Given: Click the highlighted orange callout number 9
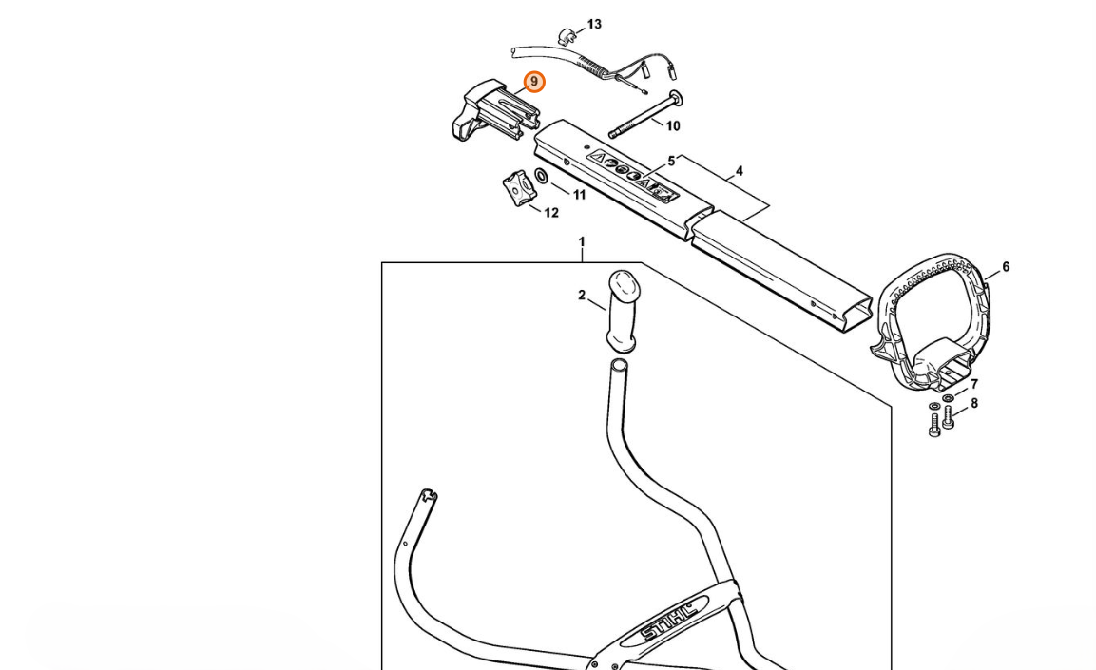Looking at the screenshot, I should click(534, 83).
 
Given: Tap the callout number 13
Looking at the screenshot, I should click(594, 25).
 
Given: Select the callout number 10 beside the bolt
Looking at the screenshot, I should click(672, 125).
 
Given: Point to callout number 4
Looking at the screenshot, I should click(739, 172).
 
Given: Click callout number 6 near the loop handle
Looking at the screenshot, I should click(1006, 267).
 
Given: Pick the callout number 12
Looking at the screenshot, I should click(551, 213).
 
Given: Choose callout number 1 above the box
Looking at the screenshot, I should click(582, 242).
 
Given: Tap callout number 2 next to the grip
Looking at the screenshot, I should click(582, 296).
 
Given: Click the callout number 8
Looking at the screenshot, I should click(973, 403).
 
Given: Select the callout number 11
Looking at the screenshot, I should click(579, 195).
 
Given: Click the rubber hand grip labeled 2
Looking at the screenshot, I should click(624, 310).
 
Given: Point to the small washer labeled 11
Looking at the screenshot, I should click(541, 176).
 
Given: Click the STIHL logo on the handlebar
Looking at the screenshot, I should click(669, 619).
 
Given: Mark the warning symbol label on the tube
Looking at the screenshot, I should click(633, 177).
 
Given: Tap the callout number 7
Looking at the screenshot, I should click(973, 385).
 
